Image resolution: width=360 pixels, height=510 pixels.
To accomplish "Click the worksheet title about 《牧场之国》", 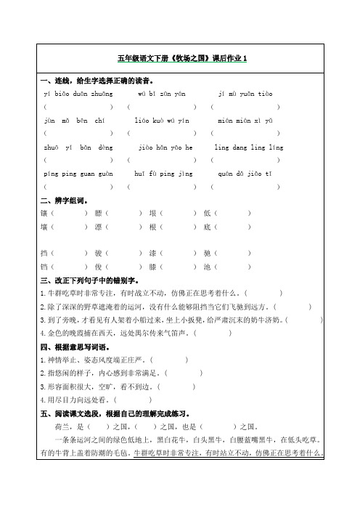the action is coord(182,58).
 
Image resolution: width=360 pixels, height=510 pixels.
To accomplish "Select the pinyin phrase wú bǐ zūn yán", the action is coord(162,94).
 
